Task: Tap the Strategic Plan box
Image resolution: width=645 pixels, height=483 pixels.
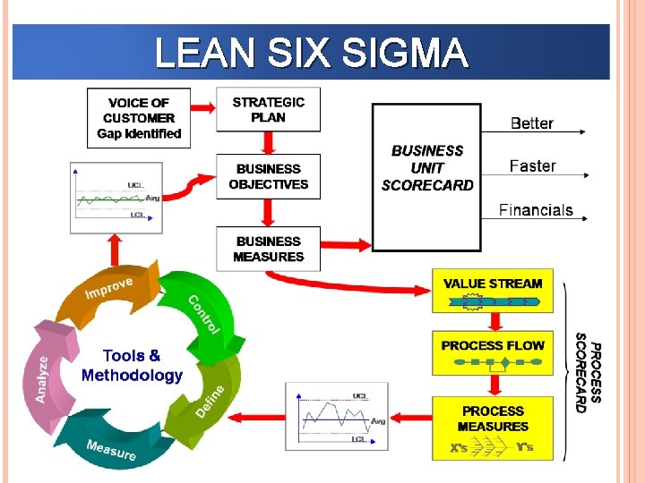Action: pos(268,110)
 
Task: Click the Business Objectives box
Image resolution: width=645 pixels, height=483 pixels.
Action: pos(268,176)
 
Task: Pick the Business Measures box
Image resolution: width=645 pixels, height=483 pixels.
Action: pos(268,249)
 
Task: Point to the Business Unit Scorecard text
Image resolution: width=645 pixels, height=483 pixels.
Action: pos(427,168)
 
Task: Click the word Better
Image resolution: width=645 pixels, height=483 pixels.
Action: pos(531,123)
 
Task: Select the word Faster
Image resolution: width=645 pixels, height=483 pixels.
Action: pos(532,166)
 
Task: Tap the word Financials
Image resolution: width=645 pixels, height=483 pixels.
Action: pos(536,210)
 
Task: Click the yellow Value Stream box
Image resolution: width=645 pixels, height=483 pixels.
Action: pos(493,291)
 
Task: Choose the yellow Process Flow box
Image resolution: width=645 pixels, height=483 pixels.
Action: pos(493,352)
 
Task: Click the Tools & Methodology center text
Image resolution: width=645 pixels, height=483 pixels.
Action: pos(132,366)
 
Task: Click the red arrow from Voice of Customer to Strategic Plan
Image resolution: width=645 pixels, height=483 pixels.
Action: pos(202,107)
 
